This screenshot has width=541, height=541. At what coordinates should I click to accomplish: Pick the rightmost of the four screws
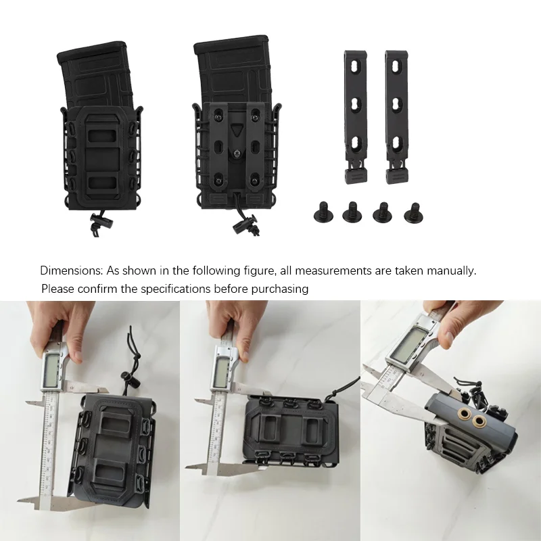click(412, 214)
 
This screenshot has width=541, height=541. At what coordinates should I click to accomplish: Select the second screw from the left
click(352, 212)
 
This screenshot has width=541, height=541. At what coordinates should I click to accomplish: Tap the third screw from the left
click(382, 212)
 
